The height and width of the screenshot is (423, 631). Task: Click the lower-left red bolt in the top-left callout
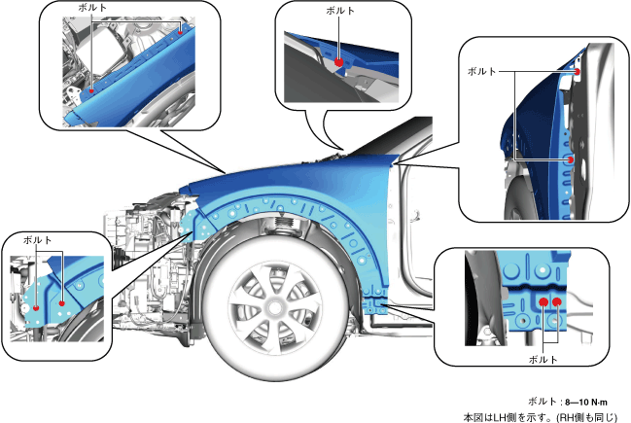click(90, 89)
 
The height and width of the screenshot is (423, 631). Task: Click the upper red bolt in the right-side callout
click(578, 72)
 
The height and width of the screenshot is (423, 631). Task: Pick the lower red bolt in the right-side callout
click(571, 159)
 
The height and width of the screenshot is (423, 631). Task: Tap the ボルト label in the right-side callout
click(482, 72)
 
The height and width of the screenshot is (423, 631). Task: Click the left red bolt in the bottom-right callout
click(543, 303)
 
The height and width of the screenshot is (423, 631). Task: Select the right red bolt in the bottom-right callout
click(558, 302)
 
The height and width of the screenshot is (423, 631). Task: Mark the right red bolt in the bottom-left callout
click(62, 303)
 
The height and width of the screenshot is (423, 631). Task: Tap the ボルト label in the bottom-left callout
click(38, 238)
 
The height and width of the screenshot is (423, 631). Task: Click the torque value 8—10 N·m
click(591, 401)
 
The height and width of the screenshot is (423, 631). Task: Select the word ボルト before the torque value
click(541, 401)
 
